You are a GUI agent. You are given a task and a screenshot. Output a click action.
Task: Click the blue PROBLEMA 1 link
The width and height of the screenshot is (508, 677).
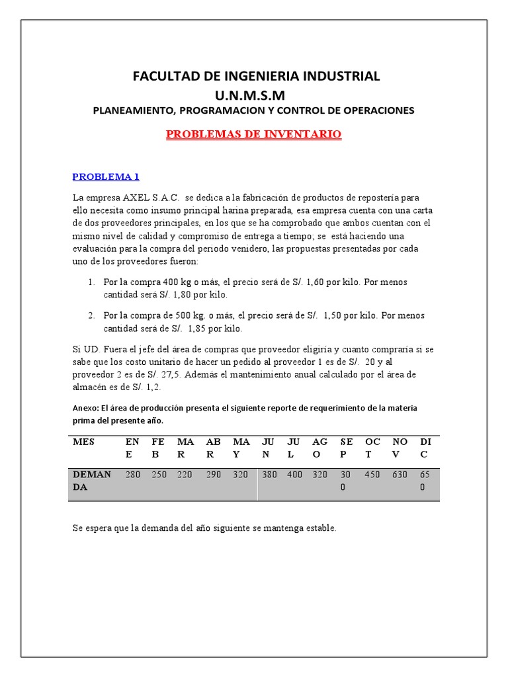point(106,177)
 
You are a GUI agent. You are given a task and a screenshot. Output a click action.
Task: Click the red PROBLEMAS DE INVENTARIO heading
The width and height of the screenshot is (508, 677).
point(253,134)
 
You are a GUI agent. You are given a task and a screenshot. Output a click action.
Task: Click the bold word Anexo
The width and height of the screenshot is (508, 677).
point(85,408)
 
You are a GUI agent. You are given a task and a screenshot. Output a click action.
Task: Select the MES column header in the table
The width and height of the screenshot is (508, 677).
point(85,442)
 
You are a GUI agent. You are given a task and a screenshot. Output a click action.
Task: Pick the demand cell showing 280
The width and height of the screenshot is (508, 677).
point(133,475)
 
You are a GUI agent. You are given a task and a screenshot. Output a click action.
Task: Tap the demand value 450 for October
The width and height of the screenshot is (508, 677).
point(372,475)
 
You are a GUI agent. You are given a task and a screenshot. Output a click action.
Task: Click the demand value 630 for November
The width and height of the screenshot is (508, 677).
point(400,475)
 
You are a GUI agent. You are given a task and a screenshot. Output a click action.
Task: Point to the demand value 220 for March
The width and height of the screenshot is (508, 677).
point(185,475)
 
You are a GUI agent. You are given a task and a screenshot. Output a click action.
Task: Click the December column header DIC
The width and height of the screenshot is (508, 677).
point(424,448)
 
